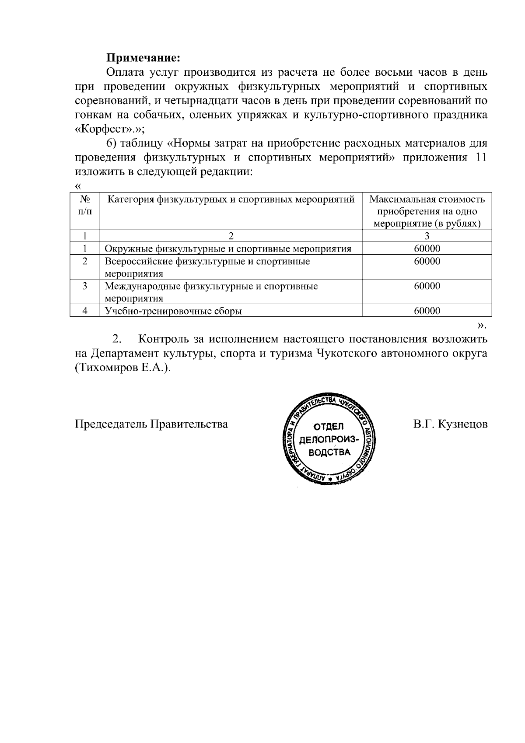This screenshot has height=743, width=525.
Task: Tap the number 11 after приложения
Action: click(x=480, y=158)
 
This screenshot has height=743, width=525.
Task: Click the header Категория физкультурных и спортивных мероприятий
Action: click(x=231, y=200)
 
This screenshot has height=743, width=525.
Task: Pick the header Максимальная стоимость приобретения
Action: click(x=427, y=211)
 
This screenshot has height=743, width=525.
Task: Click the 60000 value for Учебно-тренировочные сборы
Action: click(x=427, y=311)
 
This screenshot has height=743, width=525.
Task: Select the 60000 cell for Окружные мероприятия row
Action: click(x=427, y=249)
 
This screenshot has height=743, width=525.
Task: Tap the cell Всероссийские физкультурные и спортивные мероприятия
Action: click(x=207, y=267)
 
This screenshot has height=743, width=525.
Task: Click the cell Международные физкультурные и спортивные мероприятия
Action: click(x=211, y=292)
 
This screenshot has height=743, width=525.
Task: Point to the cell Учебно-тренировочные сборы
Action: click(x=174, y=311)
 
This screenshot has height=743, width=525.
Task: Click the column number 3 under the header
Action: click(x=427, y=236)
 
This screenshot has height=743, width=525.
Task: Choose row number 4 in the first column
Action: click(x=85, y=311)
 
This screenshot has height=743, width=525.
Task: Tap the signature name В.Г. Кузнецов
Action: click(x=450, y=424)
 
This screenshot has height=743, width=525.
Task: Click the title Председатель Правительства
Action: click(x=151, y=424)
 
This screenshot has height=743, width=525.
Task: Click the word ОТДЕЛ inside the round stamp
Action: click(x=329, y=426)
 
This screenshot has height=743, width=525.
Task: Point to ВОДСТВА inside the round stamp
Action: click(x=329, y=452)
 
